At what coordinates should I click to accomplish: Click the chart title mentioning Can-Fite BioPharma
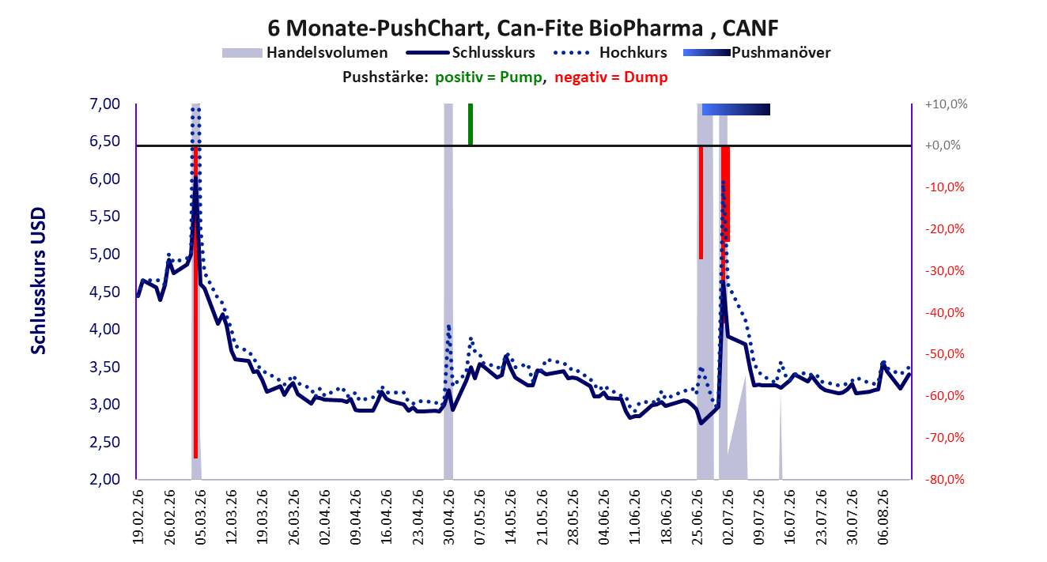tap(523, 28)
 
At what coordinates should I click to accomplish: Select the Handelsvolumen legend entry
tap(304, 53)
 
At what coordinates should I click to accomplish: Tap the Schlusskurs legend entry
tap(471, 53)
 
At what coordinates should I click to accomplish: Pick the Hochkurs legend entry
tap(610, 53)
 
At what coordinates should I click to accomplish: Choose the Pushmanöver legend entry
tap(757, 53)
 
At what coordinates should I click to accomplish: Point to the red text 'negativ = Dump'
tap(611, 77)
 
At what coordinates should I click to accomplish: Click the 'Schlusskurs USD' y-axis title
tap(38, 281)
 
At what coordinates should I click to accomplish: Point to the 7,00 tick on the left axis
tap(104, 104)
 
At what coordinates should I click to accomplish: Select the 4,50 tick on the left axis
tap(104, 292)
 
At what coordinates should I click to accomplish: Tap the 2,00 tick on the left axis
tap(104, 479)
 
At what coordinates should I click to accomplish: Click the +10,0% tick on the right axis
tap(946, 104)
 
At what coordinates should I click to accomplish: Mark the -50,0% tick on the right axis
tap(945, 354)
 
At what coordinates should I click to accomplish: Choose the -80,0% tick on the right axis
tap(945, 479)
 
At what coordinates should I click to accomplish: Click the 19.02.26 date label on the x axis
tap(138, 517)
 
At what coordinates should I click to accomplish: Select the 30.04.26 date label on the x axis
tap(448, 517)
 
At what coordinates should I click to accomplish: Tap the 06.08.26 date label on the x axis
tap(883, 517)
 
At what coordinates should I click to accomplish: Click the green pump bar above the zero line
tap(471, 124)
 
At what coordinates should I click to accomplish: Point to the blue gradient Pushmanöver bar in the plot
tap(736, 109)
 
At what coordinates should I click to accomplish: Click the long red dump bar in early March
tap(196, 302)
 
